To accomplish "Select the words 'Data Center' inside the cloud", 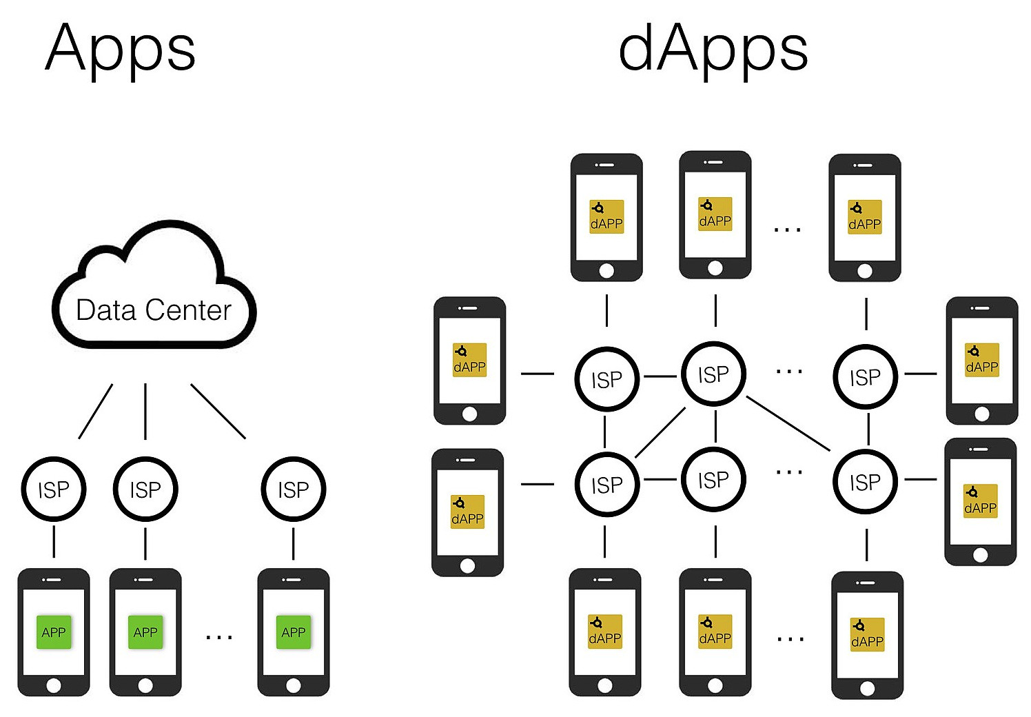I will [x=153, y=310].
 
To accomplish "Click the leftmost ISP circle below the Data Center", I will [x=54, y=489].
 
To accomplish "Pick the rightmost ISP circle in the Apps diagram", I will [x=293, y=489].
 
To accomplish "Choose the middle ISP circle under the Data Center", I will [x=145, y=489].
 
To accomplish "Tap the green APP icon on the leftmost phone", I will [x=54, y=632].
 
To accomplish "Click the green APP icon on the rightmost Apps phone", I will [x=293, y=632].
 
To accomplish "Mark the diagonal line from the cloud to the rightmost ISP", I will [x=218, y=411].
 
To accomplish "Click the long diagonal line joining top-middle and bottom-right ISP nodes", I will [x=788, y=423].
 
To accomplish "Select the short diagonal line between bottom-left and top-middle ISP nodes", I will [x=660, y=432].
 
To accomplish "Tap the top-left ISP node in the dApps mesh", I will [x=606, y=379].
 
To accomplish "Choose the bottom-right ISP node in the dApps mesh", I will [x=865, y=482].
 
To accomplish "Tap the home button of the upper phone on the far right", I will [x=982, y=414].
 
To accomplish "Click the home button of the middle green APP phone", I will [x=145, y=685].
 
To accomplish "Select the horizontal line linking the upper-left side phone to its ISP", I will [x=538, y=374].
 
